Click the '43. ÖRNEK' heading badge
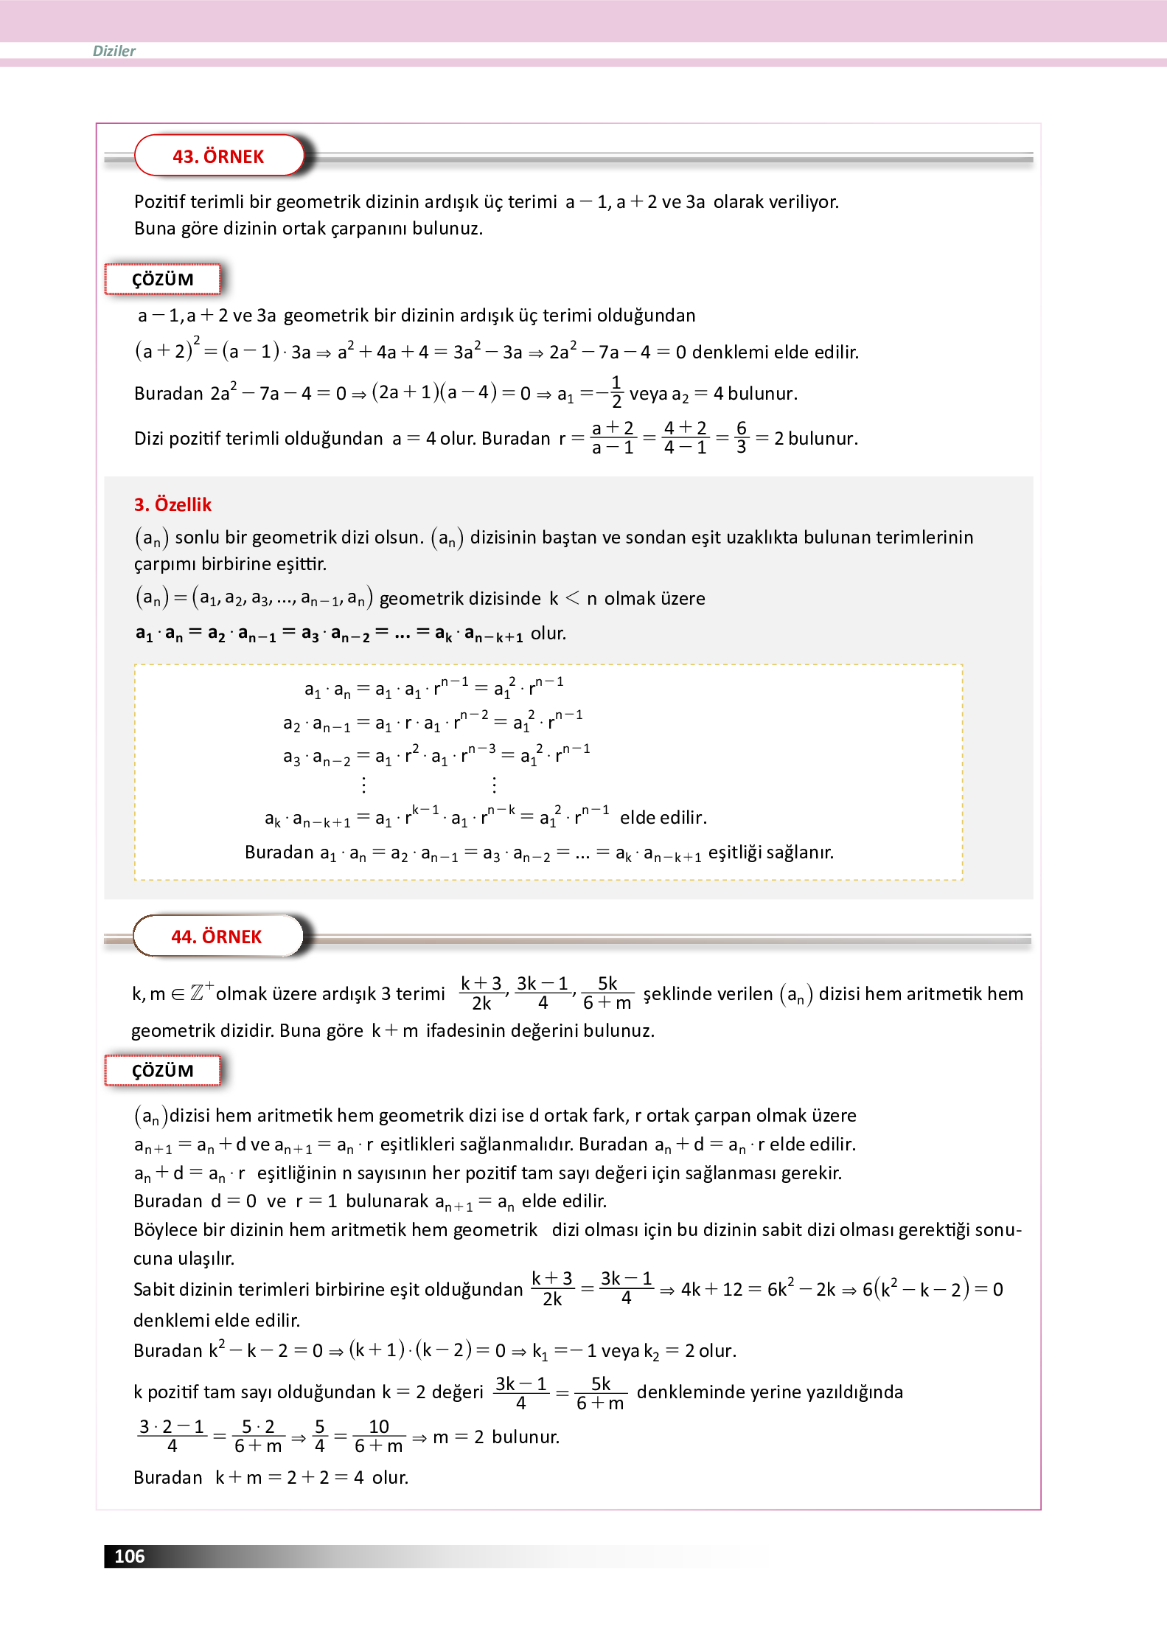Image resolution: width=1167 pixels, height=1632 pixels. click(x=218, y=156)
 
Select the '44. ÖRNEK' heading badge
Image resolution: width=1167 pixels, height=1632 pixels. click(x=217, y=937)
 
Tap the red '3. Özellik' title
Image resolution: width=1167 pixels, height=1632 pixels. click(x=173, y=504)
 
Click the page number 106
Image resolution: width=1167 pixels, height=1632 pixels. click(x=130, y=1556)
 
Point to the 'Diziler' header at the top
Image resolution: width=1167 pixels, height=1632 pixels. click(x=114, y=51)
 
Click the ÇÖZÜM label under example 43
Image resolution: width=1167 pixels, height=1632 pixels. click(x=163, y=279)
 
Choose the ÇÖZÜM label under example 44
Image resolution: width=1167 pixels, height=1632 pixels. click(x=163, y=1071)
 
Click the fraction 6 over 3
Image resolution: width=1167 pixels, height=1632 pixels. click(x=742, y=437)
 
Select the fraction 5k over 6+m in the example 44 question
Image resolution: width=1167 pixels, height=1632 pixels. click(x=607, y=993)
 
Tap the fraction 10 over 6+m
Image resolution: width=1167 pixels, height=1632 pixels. click(x=378, y=1436)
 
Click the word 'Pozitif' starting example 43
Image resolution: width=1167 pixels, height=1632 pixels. click(x=160, y=202)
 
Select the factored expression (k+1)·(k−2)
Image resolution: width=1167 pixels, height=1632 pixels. click(x=409, y=1350)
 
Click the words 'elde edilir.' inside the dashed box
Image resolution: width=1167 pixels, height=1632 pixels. click(x=663, y=817)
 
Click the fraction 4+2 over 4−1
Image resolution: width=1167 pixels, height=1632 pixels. click(x=685, y=437)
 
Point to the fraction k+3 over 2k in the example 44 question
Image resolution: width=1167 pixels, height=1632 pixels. click(x=481, y=993)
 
